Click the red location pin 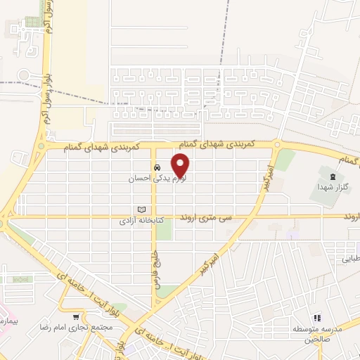pos(181,165)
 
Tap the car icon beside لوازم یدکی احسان pos(155,168)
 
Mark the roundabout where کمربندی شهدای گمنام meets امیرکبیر pos(277,146)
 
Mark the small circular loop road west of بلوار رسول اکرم pos(25,75)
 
